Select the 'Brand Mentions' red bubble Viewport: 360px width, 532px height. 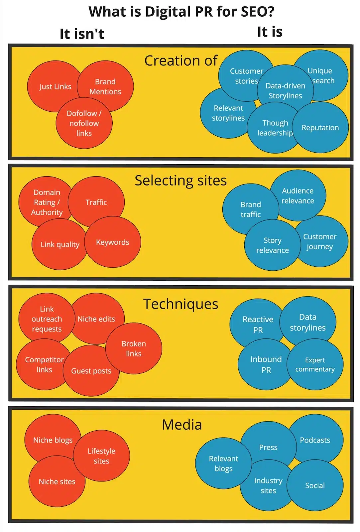[105, 86]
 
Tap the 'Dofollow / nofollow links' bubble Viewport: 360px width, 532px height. [84, 123]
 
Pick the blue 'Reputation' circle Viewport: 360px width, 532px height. [320, 128]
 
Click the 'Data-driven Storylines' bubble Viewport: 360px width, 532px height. [285, 90]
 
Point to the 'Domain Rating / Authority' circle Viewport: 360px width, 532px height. [47, 202]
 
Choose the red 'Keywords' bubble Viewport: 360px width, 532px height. [112, 242]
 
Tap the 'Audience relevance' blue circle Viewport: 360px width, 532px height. [298, 196]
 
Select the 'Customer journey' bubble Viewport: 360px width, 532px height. [320, 241]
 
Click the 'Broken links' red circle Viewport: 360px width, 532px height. [134, 348]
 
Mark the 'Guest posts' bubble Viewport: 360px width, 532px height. [91, 371]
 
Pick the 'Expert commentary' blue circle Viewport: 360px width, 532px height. [315, 364]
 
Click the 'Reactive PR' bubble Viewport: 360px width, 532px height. [258, 324]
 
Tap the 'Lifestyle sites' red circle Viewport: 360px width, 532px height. [101, 456]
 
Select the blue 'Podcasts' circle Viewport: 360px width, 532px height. [315, 440]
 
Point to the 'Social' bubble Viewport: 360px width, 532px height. [315, 485]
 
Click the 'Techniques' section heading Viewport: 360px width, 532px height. [180, 304]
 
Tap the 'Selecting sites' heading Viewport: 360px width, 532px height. [180, 181]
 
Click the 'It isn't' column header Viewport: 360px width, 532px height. [82, 34]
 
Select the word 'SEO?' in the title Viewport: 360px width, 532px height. [258, 12]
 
